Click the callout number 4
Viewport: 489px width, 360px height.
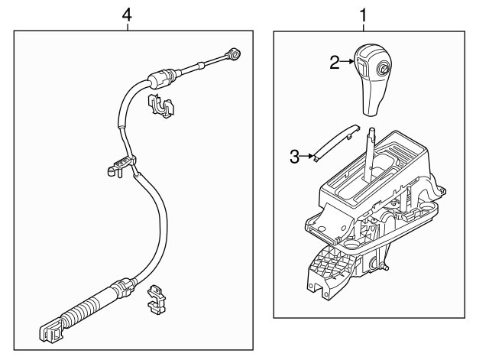coord(127,15)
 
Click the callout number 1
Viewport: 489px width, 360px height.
coord(364,15)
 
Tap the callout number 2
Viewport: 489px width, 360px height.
coord(335,63)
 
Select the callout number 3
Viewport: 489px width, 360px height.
coord(295,157)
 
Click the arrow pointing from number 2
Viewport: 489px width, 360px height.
coord(347,61)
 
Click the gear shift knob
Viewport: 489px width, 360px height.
coord(373,79)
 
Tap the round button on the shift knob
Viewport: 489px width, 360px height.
coord(383,68)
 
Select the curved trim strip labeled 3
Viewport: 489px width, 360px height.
coord(336,142)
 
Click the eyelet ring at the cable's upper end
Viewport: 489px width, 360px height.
coord(234,54)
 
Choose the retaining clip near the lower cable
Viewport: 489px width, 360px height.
coord(156,299)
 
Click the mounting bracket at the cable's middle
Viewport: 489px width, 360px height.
coord(121,166)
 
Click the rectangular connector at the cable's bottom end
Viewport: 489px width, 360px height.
coord(51,331)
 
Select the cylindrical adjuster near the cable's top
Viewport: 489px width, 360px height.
coord(160,79)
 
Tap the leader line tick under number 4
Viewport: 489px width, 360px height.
coord(128,27)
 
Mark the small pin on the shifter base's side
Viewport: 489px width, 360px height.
coord(385,267)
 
